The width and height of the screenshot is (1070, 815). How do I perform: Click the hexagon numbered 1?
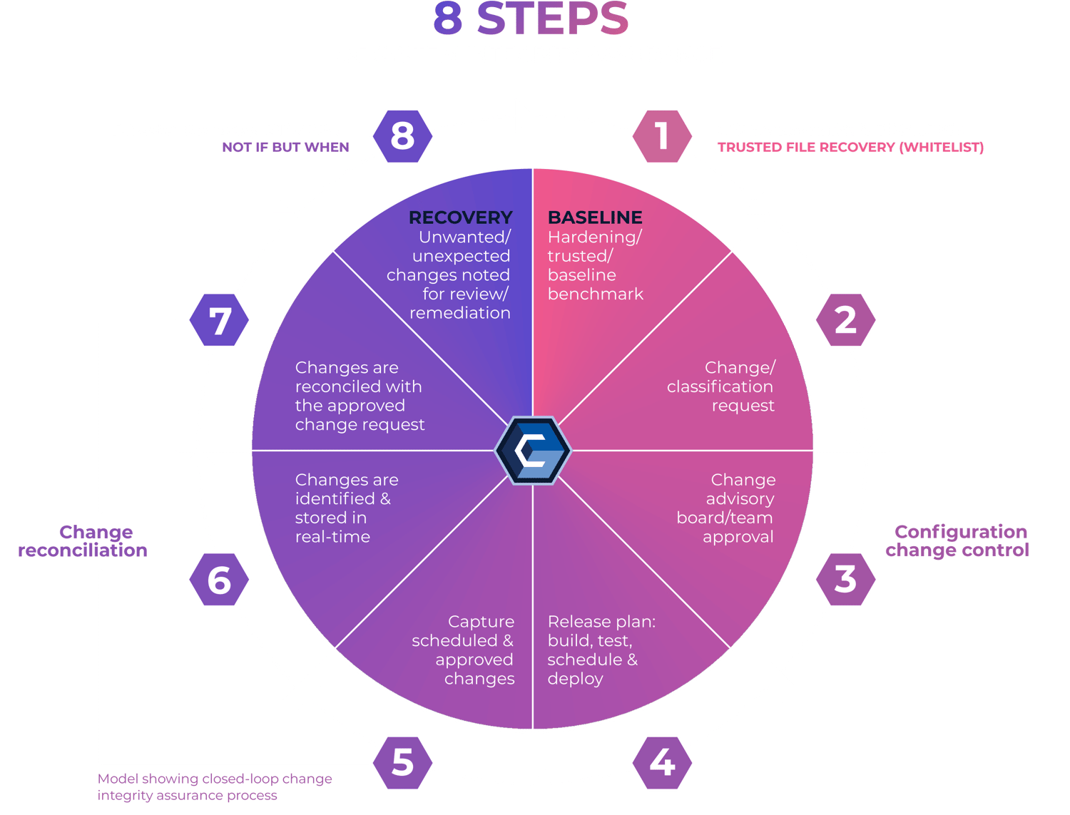(x=662, y=135)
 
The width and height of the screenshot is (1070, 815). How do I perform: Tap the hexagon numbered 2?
(x=845, y=320)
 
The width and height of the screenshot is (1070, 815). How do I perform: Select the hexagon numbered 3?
(x=845, y=579)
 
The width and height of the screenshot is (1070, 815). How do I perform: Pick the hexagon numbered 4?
(x=662, y=762)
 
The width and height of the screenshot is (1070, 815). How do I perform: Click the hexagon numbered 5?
(x=403, y=762)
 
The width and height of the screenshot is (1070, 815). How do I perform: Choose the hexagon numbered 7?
(x=219, y=320)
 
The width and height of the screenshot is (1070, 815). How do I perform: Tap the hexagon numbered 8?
(x=403, y=135)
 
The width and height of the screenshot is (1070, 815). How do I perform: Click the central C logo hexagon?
(x=533, y=451)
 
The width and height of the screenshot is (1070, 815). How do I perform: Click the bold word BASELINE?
(x=595, y=217)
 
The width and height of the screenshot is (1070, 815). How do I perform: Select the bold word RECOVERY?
(x=461, y=217)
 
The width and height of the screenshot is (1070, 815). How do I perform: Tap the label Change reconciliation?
(x=83, y=541)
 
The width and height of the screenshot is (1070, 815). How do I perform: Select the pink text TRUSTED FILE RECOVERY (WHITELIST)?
(x=850, y=148)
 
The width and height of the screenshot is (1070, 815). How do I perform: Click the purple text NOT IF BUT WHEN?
(x=285, y=148)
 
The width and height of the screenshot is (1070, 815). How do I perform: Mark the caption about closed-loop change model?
(x=215, y=787)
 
